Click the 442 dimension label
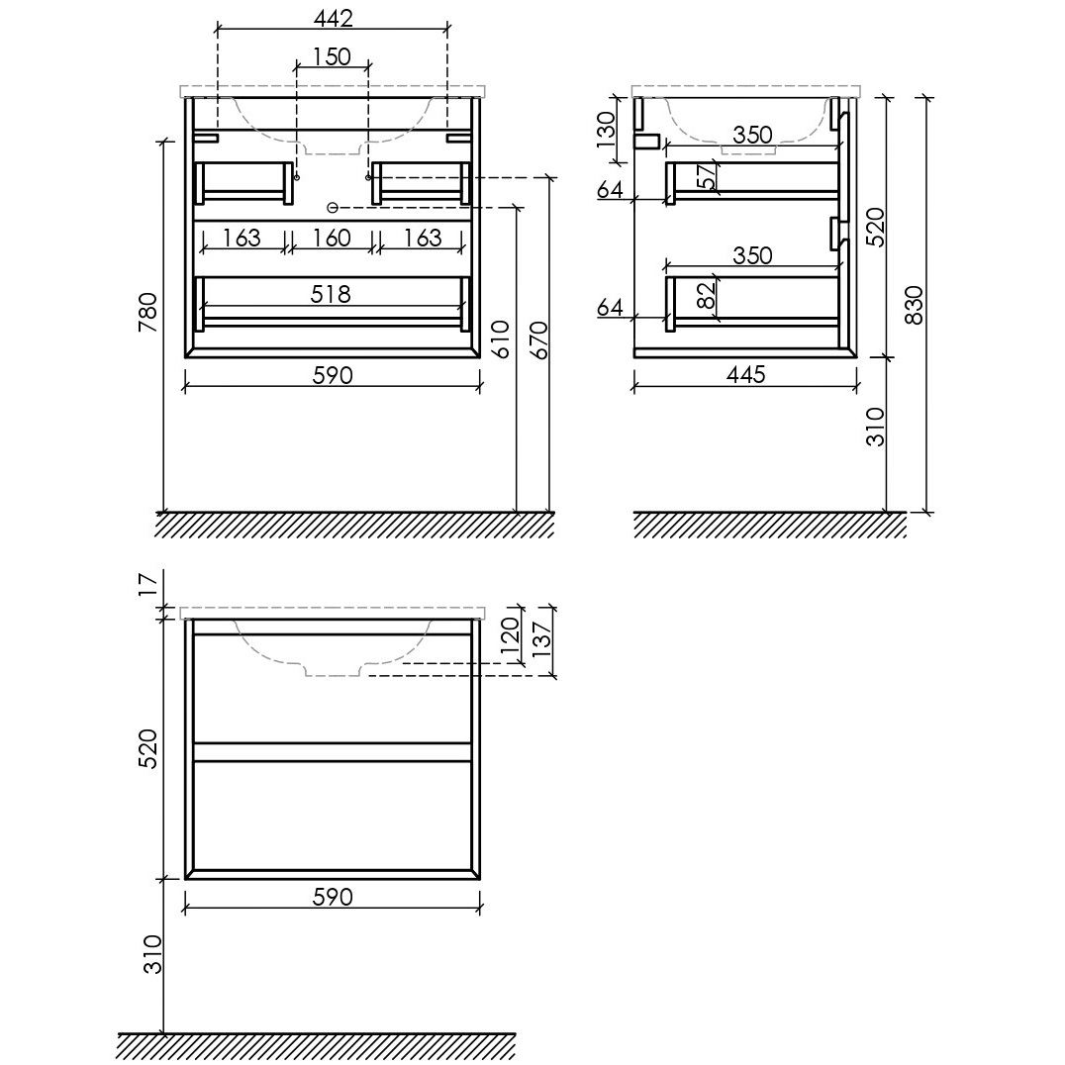(x=333, y=19)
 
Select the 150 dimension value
(x=333, y=56)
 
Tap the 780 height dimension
(x=147, y=312)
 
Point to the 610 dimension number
(x=499, y=339)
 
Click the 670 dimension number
(x=537, y=339)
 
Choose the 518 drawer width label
(x=331, y=294)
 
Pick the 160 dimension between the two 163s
(x=332, y=238)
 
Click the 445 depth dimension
(x=745, y=374)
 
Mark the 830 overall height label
(x=915, y=305)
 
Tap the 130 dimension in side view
(x=605, y=129)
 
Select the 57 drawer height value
(x=707, y=176)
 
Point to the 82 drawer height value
(x=707, y=295)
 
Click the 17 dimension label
(x=147, y=584)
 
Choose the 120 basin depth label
(x=510, y=634)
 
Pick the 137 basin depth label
(x=541, y=639)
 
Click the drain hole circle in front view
(x=333, y=207)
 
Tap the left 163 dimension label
(x=242, y=238)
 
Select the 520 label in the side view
(x=876, y=227)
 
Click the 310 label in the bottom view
(x=152, y=954)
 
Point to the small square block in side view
(x=647, y=141)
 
